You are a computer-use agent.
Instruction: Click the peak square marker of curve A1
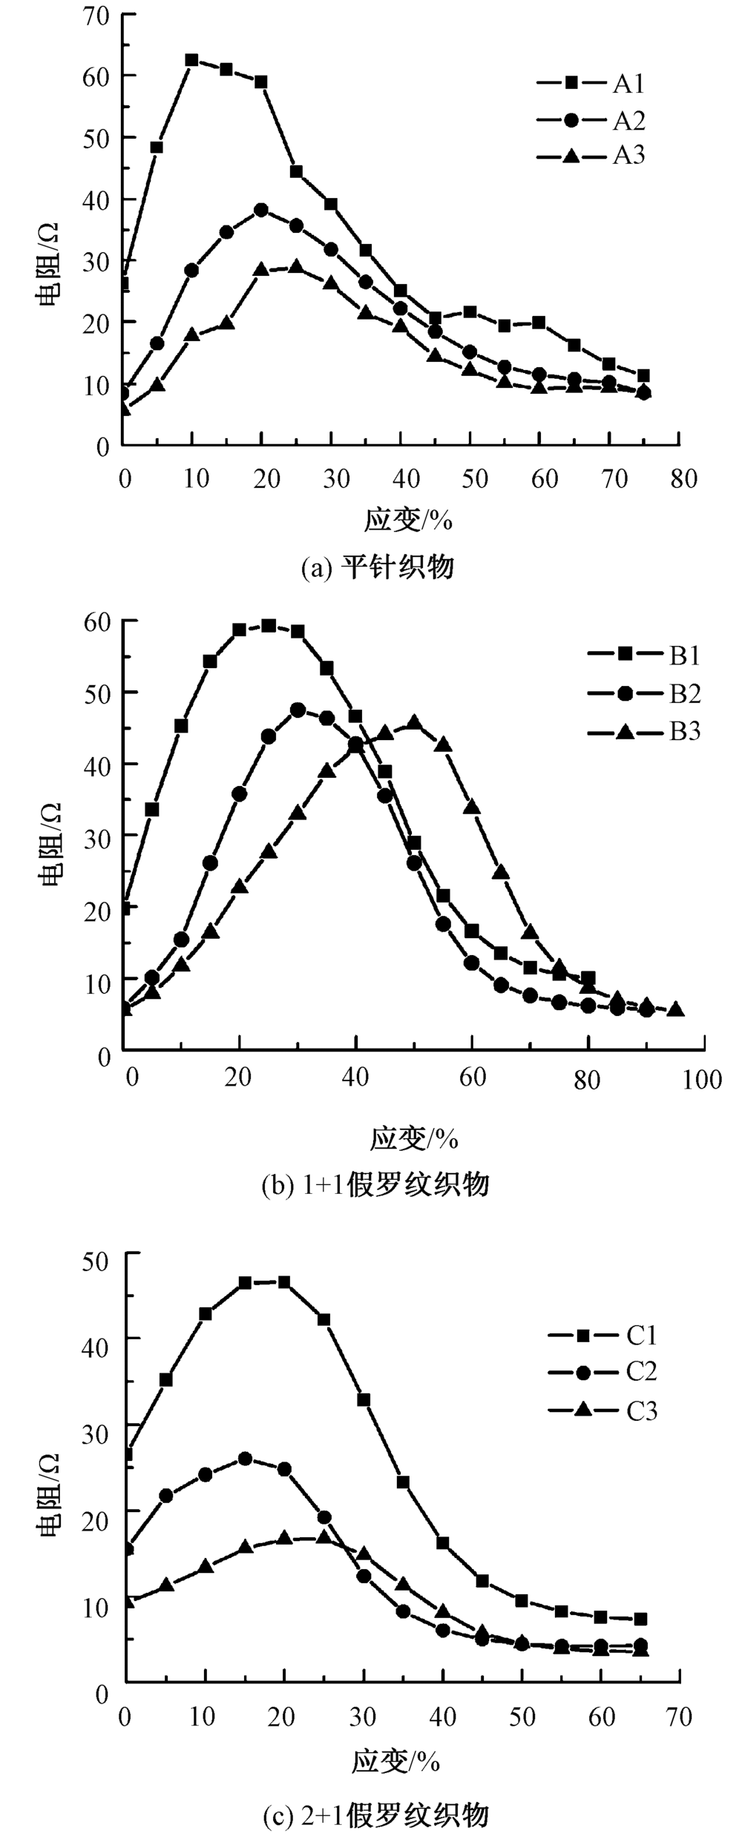coord(192,60)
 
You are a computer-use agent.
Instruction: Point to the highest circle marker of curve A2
coord(261,211)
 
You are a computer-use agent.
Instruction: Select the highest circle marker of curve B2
coord(298,710)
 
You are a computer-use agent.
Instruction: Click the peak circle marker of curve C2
coord(245,1459)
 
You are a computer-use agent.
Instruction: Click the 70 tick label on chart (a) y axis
coord(96,14)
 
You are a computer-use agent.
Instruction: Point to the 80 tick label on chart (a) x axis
coord(683,479)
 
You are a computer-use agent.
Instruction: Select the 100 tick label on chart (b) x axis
coord(702,1078)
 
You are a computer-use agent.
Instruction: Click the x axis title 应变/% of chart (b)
coord(414,1138)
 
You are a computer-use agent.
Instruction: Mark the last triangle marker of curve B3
coord(676,1009)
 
